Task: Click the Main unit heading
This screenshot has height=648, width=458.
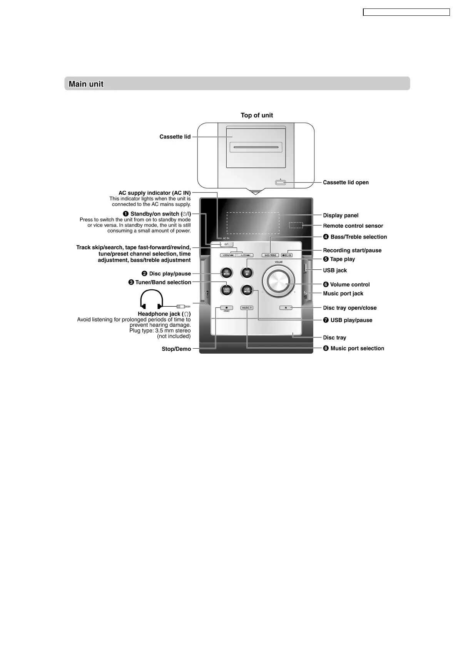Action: pyautogui.click(x=86, y=84)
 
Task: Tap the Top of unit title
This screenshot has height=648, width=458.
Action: pyautogui.click(x=257, y=115)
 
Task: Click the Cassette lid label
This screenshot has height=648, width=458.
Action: pyautogui.click(x=175, y=137)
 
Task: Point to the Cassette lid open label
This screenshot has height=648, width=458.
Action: pyautogui.click(x=346, y=182)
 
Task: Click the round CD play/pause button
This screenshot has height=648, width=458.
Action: pyautogui.click(x=226, y=273)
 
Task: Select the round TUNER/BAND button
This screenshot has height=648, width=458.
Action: pyautogui.click(x=226, y=290)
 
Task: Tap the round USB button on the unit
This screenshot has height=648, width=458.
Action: pyautogui.click(x=247, y=290)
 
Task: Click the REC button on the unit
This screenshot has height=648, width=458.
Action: pyautogui.click(x=287, y=255)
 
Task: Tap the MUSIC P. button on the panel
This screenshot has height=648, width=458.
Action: pyautogui.click(x=247, y=308)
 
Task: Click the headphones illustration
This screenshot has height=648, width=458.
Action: pyautogui.click(x=152, y=299)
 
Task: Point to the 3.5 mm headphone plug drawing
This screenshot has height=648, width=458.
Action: pyautogui.click(x=183, y=307)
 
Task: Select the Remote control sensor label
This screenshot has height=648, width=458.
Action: pyautogui.click(x=353, y=226)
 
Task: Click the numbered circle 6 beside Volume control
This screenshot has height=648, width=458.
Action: pyautogui.click(x=326, y=284)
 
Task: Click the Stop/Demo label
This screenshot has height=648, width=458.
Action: pyautogui.click(x=176, y=349)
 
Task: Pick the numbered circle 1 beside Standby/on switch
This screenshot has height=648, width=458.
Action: pyautogui.click(x=126, y=214)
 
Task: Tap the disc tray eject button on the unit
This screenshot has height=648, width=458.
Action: pyautogui.click(x=286, y=308)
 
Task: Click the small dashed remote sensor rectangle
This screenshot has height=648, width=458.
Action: pyautogui.click(x=296, y=225)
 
